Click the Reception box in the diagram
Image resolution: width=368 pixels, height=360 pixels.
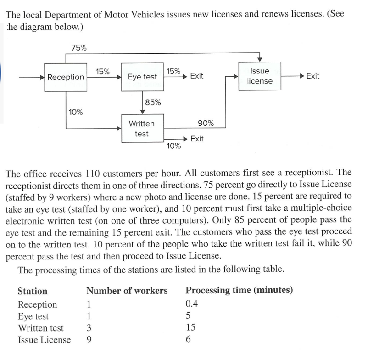click(66, 77)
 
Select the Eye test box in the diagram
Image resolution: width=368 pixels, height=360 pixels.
click(142, 77)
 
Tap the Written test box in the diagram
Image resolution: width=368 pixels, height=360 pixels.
click(142, 129)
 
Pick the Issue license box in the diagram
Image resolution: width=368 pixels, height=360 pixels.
click(260, 76)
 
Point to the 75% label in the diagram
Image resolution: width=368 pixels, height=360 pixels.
click(79, 47)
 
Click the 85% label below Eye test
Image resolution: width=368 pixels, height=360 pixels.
click(153, 102)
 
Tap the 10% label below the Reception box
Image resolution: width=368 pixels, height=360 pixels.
click(76, 112)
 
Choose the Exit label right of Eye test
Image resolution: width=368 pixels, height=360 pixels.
click(196, 76)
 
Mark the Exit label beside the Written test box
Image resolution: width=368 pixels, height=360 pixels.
click(196, 139)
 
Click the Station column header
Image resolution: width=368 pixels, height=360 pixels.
click(32, 291)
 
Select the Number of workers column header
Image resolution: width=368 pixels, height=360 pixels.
click(127, 291)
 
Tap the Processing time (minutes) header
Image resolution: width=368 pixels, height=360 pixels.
click(239, 291)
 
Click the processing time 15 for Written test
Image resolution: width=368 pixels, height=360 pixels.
click(190, 327)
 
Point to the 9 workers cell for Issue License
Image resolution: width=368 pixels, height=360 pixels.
click(89, 340)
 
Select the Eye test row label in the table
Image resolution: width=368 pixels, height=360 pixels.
click(33, 316)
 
